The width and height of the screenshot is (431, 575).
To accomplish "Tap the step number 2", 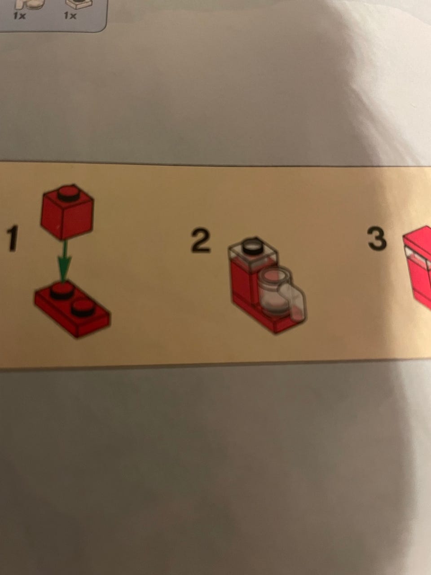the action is [201, 240].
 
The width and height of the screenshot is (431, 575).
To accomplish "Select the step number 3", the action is [377, 238].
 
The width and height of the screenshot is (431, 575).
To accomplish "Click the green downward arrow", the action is [64, 261].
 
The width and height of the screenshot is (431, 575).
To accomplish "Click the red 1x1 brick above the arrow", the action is [67, 212].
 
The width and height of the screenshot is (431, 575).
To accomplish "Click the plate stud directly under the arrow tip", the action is [61, 290].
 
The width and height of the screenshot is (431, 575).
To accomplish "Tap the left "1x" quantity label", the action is [19, 16].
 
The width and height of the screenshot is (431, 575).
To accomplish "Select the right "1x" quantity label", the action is [70, 16].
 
